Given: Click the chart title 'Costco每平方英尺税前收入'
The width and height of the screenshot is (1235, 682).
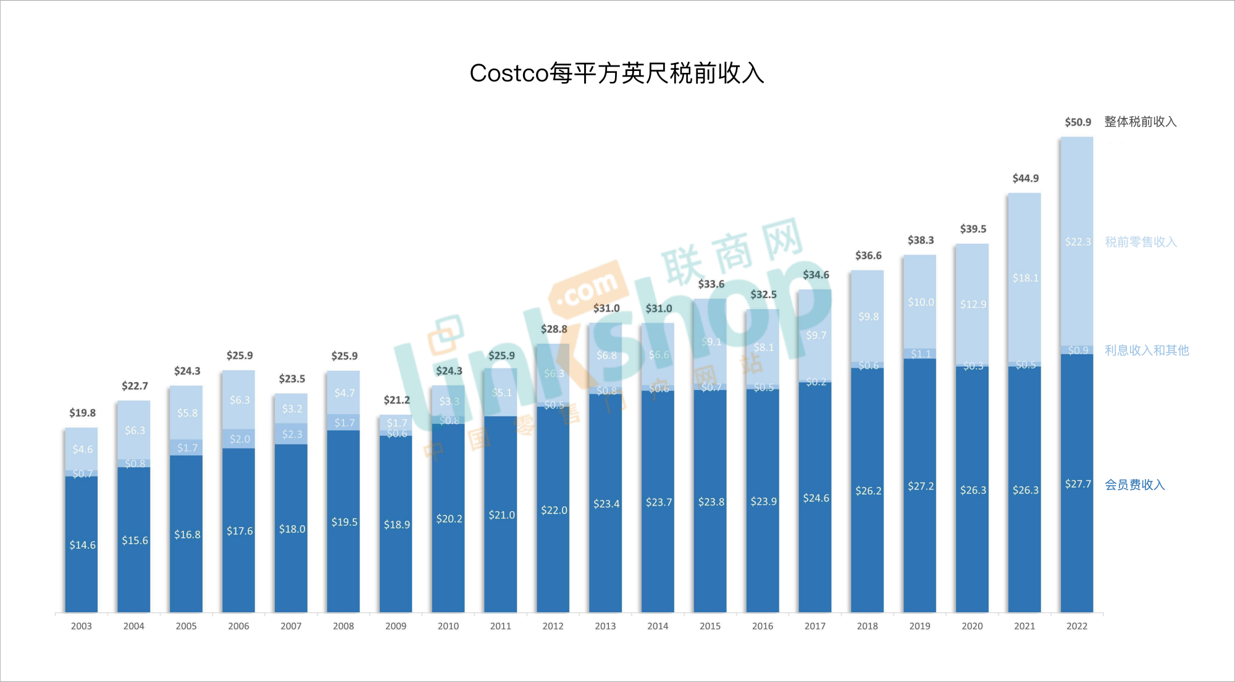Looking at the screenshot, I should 617,73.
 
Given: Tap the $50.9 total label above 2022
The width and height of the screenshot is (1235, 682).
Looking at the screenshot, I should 1078,122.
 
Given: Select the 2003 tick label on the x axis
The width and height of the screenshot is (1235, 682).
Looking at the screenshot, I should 82,626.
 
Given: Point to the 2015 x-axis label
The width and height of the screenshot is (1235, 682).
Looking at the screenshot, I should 710,626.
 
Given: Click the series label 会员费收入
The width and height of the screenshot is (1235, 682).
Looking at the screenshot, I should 1134,485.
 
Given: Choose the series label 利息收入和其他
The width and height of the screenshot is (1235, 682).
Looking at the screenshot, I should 1146,351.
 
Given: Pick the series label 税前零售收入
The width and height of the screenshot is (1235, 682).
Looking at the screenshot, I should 1141,242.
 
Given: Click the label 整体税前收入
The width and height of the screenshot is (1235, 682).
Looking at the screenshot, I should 1140,122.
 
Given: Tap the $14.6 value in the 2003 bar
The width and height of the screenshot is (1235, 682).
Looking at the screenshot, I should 82,545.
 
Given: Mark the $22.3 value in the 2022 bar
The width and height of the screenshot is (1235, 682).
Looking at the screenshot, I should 1078,242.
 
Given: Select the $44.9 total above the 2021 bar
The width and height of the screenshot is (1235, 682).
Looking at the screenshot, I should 1025,178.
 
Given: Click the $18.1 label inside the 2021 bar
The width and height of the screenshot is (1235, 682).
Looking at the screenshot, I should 1025,278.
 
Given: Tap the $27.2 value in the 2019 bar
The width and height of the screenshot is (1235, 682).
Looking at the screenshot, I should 921,486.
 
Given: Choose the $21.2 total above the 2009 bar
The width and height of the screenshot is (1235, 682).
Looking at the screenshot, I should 396,400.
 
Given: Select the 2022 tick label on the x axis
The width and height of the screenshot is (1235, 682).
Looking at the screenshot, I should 1077,626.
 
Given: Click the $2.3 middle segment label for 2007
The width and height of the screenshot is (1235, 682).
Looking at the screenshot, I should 292,435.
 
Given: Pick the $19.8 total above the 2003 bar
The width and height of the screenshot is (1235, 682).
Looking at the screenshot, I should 82,413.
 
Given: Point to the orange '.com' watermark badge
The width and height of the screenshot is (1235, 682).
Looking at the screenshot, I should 587,289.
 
